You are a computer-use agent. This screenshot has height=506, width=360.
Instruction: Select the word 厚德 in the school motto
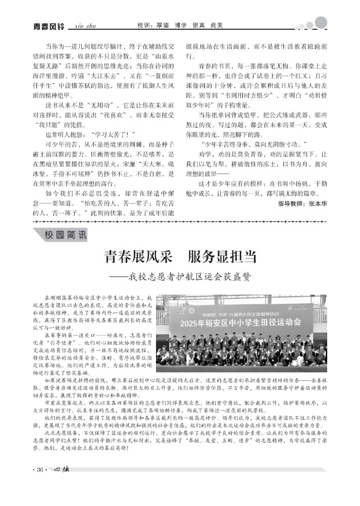163,25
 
